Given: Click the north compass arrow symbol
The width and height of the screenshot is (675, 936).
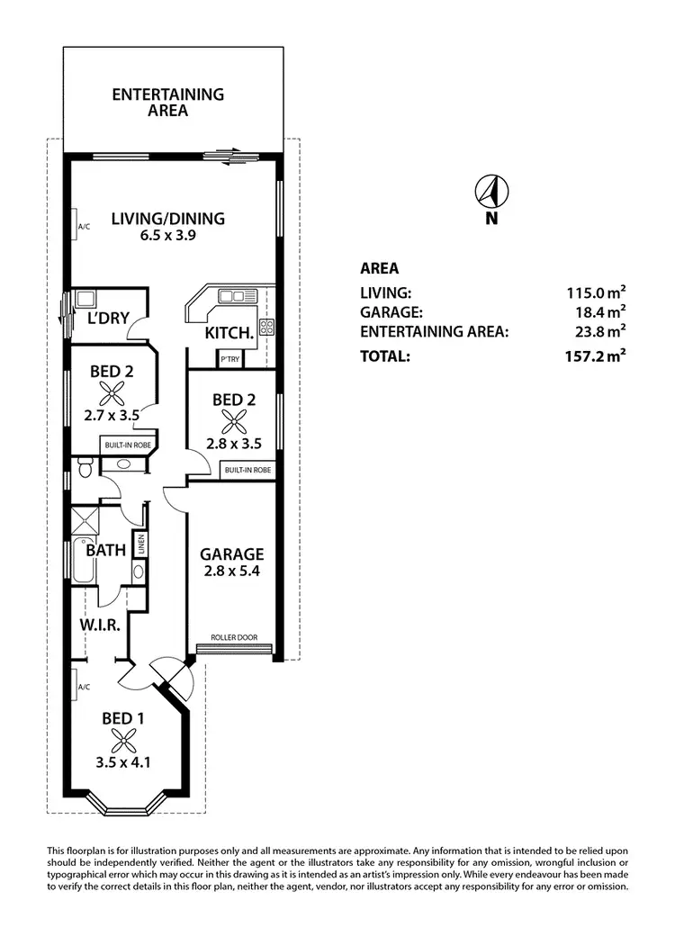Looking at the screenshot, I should (491, 191).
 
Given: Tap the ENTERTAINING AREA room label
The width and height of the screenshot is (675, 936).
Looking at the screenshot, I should (168, 103).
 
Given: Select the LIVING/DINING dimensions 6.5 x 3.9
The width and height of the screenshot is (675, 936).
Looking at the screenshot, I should (167, 236).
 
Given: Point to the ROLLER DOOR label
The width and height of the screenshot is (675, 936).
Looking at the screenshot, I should (234, 638).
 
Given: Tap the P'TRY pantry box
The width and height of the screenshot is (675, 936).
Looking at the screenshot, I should (229, 358).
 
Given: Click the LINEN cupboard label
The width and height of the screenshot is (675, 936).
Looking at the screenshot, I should (139, 544).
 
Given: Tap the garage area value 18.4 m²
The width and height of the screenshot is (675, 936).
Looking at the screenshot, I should (597, 312).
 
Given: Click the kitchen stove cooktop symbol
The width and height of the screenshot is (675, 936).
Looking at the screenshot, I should (266, 327).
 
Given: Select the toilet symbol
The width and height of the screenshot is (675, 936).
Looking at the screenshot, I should (85, 465).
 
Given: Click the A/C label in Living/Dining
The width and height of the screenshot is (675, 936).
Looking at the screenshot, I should (84, 227).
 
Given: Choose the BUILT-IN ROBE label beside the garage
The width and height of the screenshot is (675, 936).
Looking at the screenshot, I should (247, 470).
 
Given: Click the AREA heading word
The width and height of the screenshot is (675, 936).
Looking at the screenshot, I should (379, 268).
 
